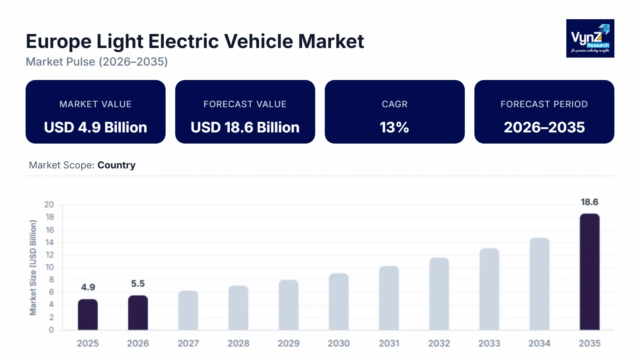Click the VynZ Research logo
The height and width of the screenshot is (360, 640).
[590, 38]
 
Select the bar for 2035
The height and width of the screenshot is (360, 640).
[590, 272]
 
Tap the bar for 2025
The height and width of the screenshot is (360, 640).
[88, 315]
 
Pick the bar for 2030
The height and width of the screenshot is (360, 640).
[339, 302]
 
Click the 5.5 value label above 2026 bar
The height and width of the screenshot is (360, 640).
[138, 284]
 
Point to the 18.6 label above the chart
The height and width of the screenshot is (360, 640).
[590, 202]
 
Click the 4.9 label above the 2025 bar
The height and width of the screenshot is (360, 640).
[88, 287]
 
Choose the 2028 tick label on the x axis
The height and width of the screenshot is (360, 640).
[238, 343]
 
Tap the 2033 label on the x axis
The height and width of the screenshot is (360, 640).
[489, 343]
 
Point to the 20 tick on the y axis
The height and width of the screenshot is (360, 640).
[49, 204]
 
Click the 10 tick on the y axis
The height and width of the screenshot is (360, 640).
[49, 267]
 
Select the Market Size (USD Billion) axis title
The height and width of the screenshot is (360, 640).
[33, 268]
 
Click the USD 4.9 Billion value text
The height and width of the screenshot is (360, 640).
[96, 127]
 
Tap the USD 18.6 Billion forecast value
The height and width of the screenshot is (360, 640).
[245, 127]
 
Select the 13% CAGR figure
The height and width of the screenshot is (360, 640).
[394, 127]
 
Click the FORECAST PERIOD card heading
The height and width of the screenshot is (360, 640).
[544, 104]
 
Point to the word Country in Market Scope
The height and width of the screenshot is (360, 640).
[116, 165]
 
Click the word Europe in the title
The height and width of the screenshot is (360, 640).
[58, 41]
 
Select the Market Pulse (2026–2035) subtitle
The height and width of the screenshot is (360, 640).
[97, 62]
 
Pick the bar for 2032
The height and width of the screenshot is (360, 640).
[439, 294]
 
